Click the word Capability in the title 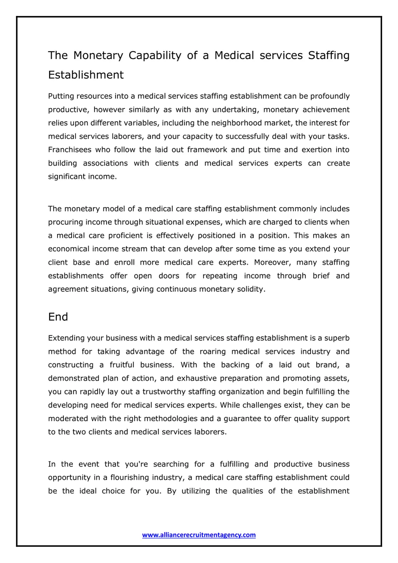(155, 56)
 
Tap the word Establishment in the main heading (86, 75)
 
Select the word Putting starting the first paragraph (61, 96)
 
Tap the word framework (207, 150)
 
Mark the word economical (69, 249)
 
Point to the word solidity (251, 289)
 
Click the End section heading (58, 317)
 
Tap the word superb (337, 338)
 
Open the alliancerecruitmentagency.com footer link (199, 535)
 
